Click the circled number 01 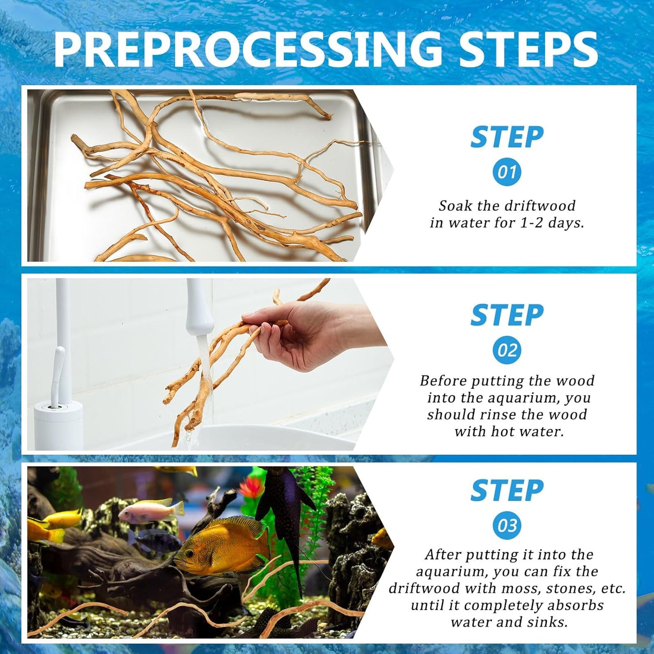pyautogui.click(x=507, y=172)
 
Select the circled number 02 pyautogui.click(x=507, y=350)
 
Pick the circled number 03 pyautogui.click(x=507, y=525)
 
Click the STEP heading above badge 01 pyautogui.click(x=507, y=137)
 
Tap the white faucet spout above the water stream pyautogui.click(x=200, y=307)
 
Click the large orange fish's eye pyautogui.click(x=189, y=554)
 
